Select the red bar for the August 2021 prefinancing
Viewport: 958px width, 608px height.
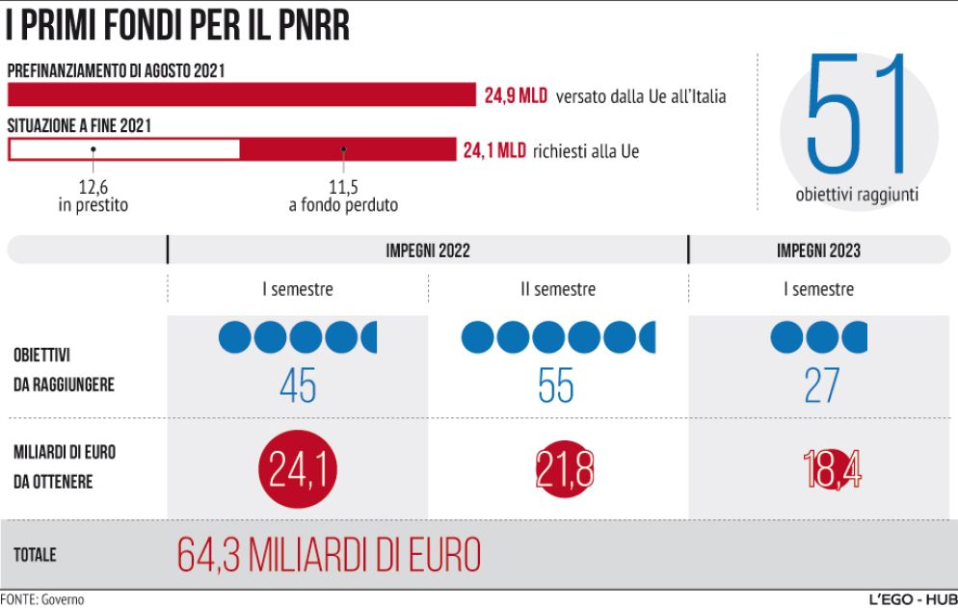[x=241, y=94]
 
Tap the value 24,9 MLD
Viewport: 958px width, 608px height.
[x=516, y=95]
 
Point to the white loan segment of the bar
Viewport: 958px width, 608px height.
[x=124, y=149]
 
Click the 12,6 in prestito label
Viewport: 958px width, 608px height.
[x=92, y=197]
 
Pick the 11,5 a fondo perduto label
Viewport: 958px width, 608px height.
[x=343, y=197]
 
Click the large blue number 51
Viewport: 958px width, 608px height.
[x=858, y=116]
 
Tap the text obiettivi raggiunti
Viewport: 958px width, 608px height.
[x=857, y=195]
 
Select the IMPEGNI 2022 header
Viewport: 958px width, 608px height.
[x=428, y=250]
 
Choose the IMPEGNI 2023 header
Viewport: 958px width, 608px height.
[x=818, y=250]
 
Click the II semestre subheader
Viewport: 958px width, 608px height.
[x=557, y=289]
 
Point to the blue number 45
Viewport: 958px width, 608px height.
[x=297, y=386]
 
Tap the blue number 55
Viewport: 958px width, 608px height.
[x=556, y=386]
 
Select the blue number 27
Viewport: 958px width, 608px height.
[x=821, y=386]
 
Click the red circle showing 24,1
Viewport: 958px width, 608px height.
[x=298, y=471]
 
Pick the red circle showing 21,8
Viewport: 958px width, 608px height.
[x=564, y=471]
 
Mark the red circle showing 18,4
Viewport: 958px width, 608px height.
[x=831, y=471]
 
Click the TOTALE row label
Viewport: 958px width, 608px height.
[x=35, y=555]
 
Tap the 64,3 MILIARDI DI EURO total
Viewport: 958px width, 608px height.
[x=329, y=555]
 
